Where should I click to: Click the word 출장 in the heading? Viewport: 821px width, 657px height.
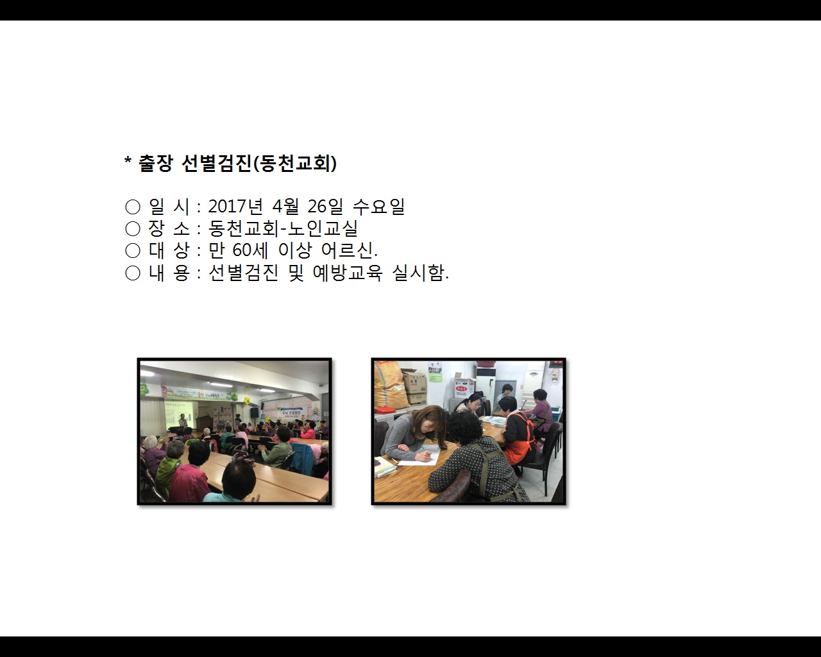(155, 164)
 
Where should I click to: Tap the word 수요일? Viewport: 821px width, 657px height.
(378, 207)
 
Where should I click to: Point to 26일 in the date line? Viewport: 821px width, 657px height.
(325, 207)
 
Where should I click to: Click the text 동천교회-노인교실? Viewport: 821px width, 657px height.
(283, 228)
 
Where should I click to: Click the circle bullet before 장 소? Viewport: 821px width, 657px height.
(133, 229)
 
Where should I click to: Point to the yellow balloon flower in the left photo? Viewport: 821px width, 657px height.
(246, 399)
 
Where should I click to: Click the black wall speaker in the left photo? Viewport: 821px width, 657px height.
(254, 411)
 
